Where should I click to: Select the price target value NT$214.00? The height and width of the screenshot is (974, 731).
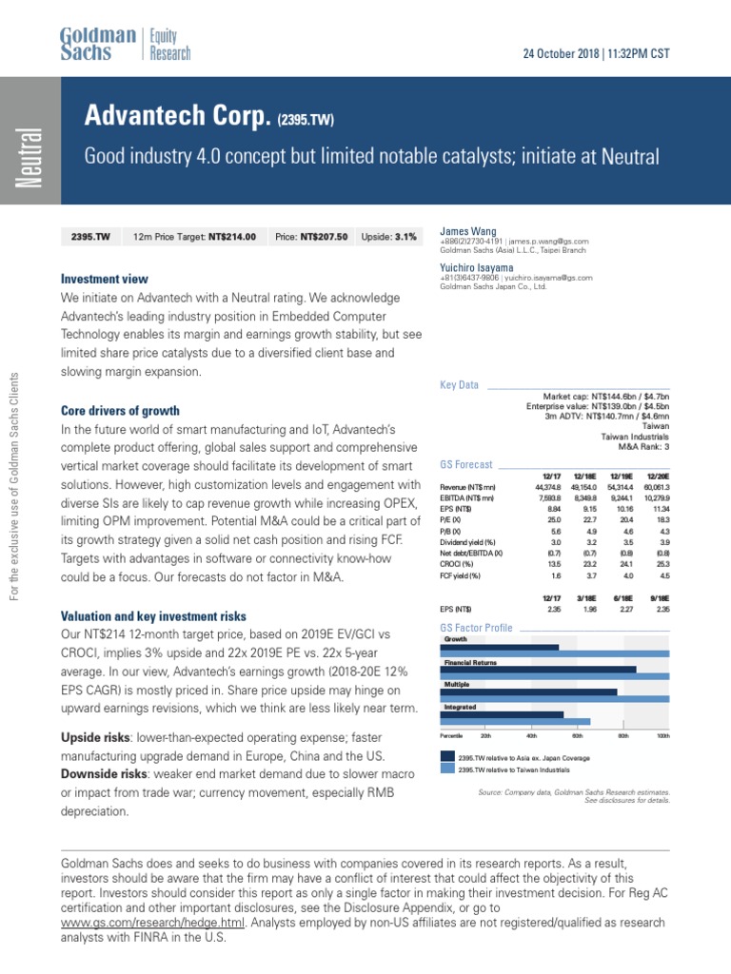coord(232,237)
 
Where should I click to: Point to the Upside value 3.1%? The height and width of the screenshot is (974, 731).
coord(404,237)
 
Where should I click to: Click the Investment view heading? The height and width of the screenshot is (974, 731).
coord(105,279)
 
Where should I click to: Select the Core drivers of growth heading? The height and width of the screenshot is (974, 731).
coord(120,411)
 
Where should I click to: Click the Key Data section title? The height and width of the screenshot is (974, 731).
coord(460,385)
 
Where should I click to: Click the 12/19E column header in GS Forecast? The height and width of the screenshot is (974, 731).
coord(607,474)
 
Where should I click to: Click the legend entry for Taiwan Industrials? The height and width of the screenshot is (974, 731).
coord(514,769)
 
